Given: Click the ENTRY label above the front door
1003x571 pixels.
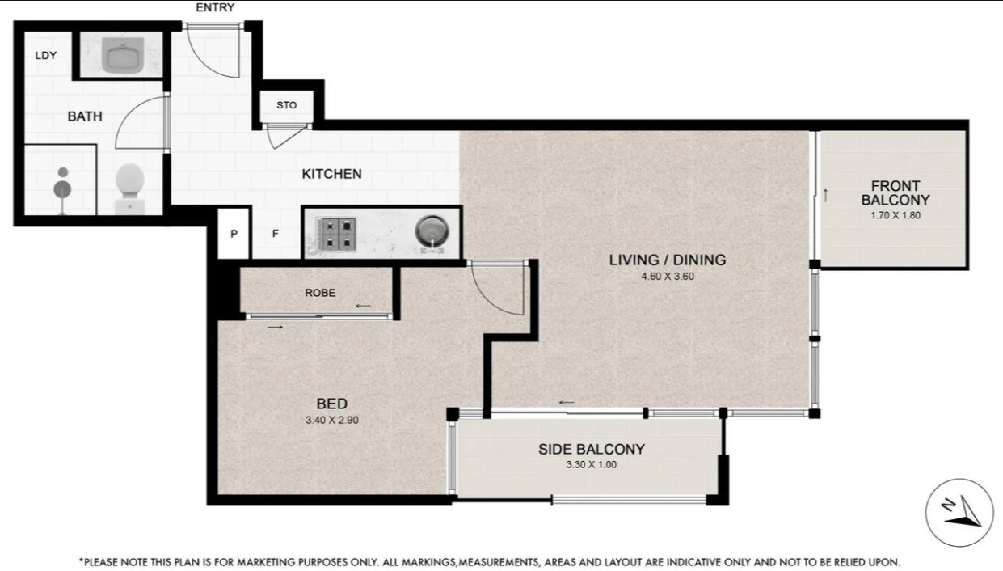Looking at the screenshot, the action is click(215, 7).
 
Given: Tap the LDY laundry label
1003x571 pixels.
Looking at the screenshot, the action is click(46, 56).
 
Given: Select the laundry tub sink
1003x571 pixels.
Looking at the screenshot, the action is click(123, 55).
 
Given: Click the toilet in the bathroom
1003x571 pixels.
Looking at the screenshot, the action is click(130, 188).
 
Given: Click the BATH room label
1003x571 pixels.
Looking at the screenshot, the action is click(85, 116).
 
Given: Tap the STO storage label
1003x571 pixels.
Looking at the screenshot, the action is click(287, 105).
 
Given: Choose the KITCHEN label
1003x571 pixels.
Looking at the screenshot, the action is click(331, 174).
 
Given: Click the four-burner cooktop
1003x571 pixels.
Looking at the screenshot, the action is click(336, 234).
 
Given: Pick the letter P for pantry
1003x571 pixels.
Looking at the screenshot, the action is click(234, 234).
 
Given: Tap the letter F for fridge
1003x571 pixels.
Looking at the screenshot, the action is click(276, 234).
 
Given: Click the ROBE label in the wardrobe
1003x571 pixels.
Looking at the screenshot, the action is click(320, 293).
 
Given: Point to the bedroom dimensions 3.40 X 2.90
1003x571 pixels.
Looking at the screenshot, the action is click(332, 421).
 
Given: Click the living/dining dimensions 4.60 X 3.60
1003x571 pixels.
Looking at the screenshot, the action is click(668, 277).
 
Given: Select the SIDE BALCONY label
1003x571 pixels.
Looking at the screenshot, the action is click(592, 450).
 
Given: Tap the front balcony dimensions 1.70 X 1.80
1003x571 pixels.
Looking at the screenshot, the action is click(896, 216).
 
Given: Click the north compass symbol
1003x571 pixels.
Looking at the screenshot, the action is click(959, 513).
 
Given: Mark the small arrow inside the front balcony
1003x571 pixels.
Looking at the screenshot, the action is click(826, 196).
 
